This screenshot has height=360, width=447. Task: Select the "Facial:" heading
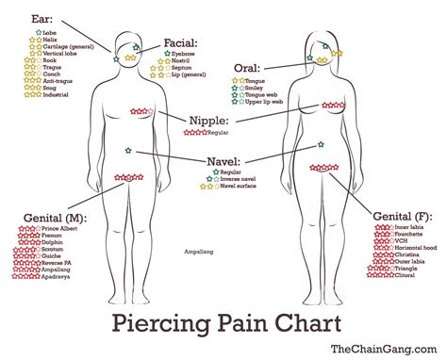pos(179,43)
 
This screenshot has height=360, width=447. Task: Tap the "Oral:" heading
pos(248,68)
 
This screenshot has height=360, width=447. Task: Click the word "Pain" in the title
pos(223,326)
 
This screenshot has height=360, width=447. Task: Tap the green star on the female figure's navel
pos(322,144)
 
